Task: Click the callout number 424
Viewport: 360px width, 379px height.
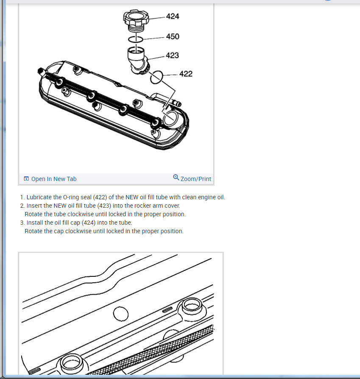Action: click(x=173, y=16)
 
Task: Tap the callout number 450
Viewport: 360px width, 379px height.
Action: click(x=173, y=36)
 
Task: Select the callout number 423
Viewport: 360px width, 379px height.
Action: click(x=172, y=56)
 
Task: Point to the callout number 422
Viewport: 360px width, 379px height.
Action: click(x=186, y=74)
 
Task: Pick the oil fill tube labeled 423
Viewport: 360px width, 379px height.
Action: click(x=138, y=61)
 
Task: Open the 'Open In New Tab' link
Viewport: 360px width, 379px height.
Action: click(x=54, y=179)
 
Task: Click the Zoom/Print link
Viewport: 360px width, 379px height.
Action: click(x=195, y=179)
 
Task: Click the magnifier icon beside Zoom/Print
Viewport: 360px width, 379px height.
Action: click(x=176, y=177)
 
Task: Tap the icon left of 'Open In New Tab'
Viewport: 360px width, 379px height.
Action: click(x=26, y=178)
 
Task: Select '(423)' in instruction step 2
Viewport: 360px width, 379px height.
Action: click(x=104, y=206)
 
